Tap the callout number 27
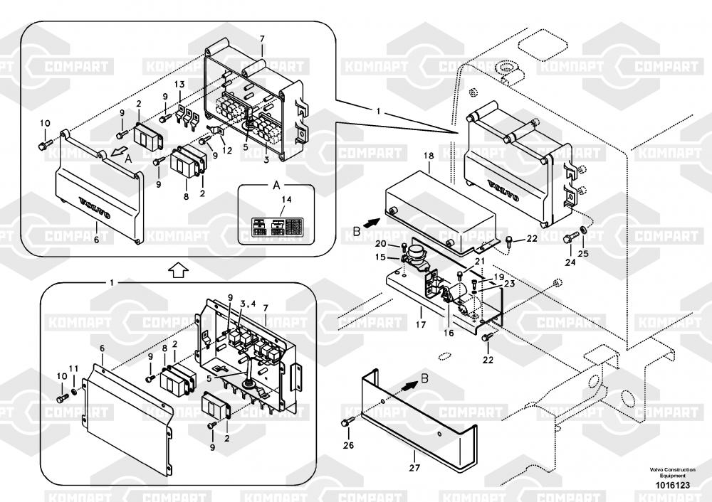[414, 468]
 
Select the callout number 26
[347, 445]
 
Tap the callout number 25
[584, 254]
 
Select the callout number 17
[421, 325]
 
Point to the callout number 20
[381, 244]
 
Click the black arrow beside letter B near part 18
[371, 223]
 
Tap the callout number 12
[228, 150]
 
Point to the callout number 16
[449, 332]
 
